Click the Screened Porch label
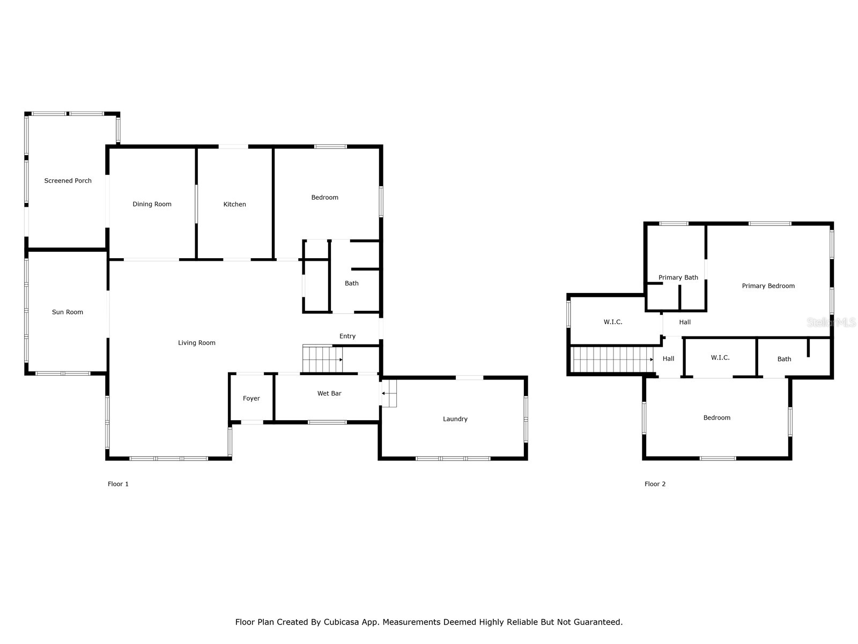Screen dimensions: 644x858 pyautogui.click(x=68, y=181)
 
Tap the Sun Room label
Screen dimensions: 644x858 pyautogui.click(x=68, y=312)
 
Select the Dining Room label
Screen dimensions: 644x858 pyautogui.click(x=152, y=204)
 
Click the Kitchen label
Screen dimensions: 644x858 pyautogui.click(x=234, y=204)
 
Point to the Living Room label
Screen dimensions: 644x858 pyautogui.click(x=197, y=343)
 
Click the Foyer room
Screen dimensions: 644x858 pyautogui.click(x=251, y=398)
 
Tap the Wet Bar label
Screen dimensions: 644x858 pyautogui.click(x=329, y=394)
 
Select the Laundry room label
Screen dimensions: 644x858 pyautogui.click(x=455, y=419)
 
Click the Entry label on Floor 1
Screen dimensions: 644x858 pyautogui.click(x=347, y=336)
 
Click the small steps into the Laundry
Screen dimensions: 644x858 pyautogui.click(x=389, y=393)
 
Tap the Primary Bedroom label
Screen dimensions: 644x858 pyautogui.click(x=768, y=286)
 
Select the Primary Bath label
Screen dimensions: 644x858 pyautogui.click(x=678, y=277)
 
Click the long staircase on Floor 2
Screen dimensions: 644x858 pyautogui.click(x=611, y=359)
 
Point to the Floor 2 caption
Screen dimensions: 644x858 pyautogui.click(x=655, y=484)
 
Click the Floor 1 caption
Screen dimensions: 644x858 pyautogui.click(x=118, y=484)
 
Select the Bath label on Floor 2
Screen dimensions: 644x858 pyautogui.click(x=784, y=360)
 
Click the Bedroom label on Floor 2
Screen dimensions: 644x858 pyautogui.click(x=716, y=418)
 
